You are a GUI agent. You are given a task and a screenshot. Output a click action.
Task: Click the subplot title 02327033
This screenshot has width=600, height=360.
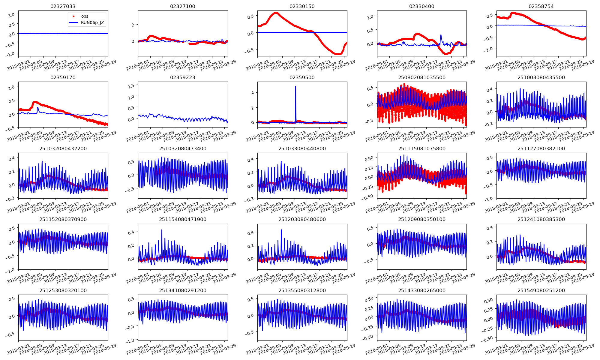tap(63, 6)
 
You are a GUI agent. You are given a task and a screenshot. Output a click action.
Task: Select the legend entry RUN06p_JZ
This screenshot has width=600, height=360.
tap(92, 22)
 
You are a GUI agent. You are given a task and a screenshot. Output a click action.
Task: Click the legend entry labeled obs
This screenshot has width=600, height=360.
tap(85, 16)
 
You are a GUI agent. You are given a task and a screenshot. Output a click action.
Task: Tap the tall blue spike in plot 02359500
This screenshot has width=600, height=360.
tap(295, 87)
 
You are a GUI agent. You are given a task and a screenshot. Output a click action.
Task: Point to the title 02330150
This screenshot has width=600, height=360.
tap(302, 6)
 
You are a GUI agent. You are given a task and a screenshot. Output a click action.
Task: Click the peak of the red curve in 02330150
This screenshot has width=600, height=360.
tap(276, 13)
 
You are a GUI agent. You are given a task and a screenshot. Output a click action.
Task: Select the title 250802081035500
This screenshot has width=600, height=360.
tap(421, 77)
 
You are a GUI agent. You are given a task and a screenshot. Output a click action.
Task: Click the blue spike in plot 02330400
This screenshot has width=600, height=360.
tap(441, 35)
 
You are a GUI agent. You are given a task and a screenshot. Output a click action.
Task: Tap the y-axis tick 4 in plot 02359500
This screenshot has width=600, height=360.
tap(253, 93)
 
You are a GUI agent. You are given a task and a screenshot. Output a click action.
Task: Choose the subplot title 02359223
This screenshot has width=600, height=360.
tap(182, 77)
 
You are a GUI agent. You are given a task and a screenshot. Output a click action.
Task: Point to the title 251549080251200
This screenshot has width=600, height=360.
tap(541, 290)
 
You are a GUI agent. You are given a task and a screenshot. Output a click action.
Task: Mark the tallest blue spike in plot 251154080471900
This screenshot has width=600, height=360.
tap(162, 230)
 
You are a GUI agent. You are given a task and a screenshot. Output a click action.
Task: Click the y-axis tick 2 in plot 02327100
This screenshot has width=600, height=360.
tap(133, 25)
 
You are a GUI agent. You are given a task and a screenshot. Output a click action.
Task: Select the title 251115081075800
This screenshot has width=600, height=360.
tap(421, 148)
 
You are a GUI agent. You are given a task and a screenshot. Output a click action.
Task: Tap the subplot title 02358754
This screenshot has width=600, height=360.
tap(541, 6)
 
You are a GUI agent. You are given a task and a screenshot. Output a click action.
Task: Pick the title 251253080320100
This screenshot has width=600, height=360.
tap(63, 290)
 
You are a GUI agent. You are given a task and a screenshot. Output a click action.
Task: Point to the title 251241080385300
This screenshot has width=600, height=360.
tap(541, 219)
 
